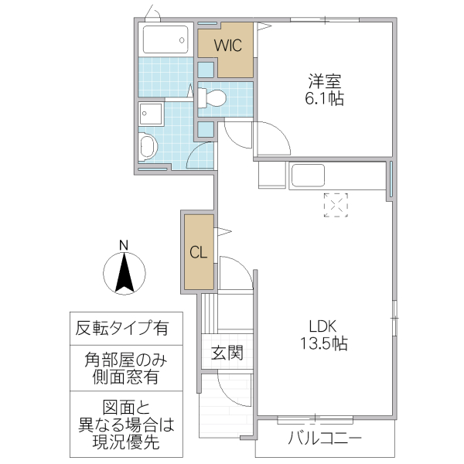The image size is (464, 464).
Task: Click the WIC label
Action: click(x=228, y=46)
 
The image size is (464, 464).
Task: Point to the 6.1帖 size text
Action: click(x=324, y=98)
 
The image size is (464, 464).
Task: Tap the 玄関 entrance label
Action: click(x=227, y=354)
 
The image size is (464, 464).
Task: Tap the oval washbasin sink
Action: click(x=148, y=146)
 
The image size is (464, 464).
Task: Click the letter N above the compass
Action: click(x=124, y=246)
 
